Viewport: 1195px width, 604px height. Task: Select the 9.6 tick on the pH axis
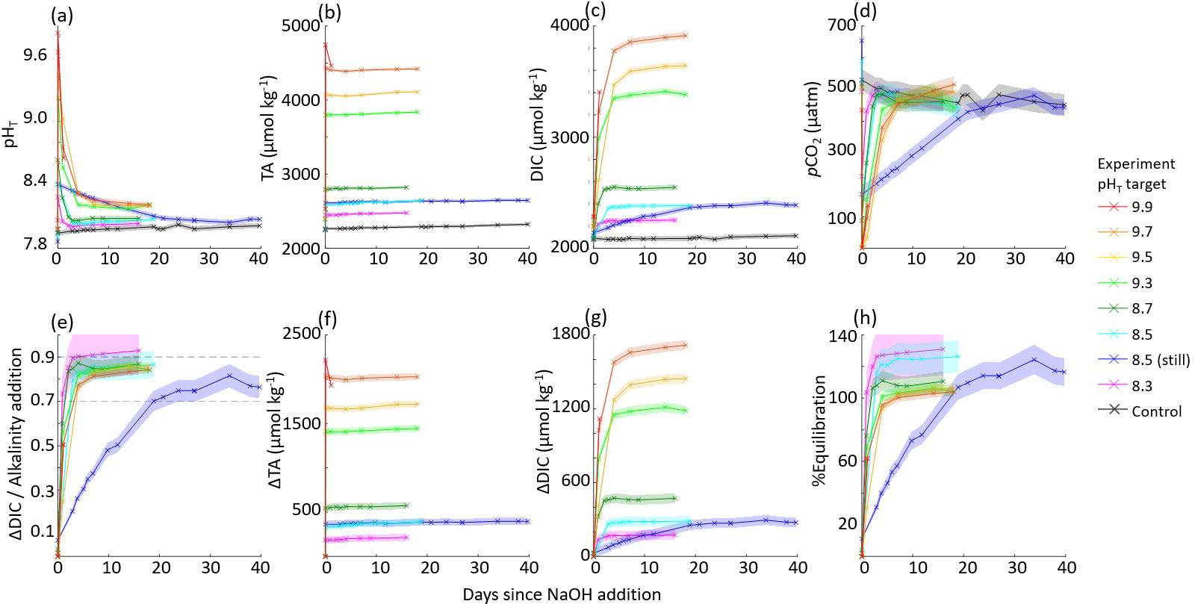point(35,55)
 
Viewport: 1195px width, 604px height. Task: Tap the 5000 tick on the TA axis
point(300,26)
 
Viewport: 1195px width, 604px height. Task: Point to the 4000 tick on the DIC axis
point(570,26)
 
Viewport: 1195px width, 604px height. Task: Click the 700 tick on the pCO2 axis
point(842,26)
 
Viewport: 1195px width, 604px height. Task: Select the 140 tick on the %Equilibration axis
point(842,336)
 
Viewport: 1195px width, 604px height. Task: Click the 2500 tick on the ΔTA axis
point(300,334)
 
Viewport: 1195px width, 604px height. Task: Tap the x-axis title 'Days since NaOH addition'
point(561,594)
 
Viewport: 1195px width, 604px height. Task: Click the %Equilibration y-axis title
point(819,431)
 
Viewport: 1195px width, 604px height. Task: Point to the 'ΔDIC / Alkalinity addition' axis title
point(16,446)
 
